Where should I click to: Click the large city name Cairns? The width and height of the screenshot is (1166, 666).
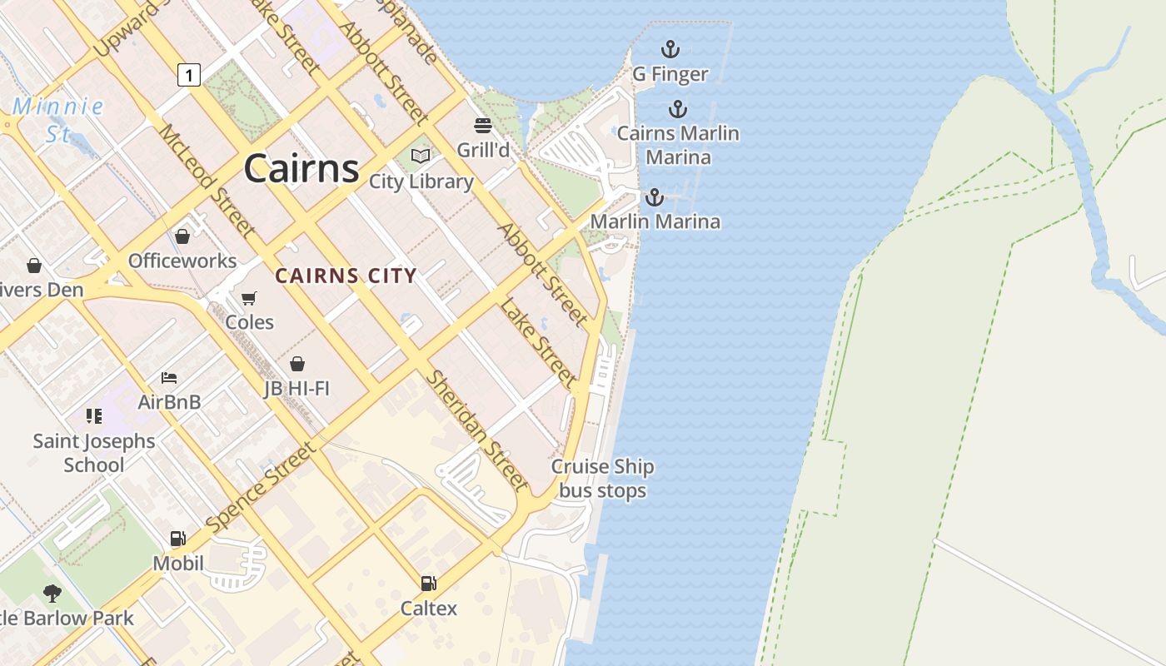(301, 169)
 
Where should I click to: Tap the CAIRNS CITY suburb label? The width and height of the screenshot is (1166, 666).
(346, 276)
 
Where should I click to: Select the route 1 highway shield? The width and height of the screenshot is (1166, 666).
(189, 76)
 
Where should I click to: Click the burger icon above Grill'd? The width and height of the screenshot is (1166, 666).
(483, 126)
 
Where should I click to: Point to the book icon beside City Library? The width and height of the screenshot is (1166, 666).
(421, 156)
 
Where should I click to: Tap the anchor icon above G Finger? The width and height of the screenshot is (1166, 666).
(670, 49)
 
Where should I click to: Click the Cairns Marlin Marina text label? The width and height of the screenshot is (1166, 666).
(678, 145)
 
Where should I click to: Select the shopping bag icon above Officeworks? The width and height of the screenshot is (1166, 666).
(182, 236)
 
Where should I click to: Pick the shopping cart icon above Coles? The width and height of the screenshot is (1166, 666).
(249, 298)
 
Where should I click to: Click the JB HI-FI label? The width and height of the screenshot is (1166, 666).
(297, 388)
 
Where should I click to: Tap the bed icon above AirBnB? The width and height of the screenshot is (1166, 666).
(169, 377)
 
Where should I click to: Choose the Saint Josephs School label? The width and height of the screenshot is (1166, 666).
(94, 453)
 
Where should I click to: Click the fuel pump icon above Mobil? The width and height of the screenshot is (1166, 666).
(177, 539)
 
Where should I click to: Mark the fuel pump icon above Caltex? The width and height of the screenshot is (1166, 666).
(428, 584)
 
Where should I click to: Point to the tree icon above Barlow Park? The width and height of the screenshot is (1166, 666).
(52, 593)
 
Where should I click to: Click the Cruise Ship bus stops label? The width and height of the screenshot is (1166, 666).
(602, 479)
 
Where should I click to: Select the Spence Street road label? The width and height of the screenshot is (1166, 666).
(261, 488)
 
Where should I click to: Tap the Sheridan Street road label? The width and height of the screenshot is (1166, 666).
(477, 430)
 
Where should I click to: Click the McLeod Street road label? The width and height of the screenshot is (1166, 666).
(207, 179)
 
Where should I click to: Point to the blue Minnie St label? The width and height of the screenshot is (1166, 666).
(58, 119)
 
